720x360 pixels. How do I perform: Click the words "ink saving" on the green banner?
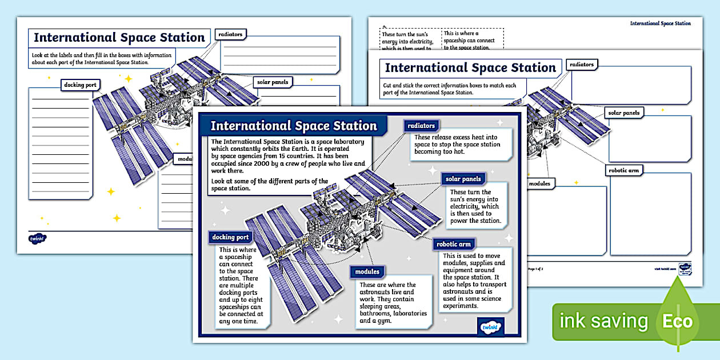click(x=603, y=321)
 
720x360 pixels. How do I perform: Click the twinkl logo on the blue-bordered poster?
click(x=490, y=327)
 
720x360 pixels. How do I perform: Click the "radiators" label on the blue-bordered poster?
click(x=422, y=126)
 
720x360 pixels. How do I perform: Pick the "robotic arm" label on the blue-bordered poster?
click(x=454, y=245)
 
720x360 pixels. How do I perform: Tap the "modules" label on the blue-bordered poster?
click(x=367, y=272)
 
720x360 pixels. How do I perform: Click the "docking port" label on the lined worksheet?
click(x=80, y=85)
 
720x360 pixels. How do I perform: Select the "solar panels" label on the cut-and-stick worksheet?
click(x=623, y=113)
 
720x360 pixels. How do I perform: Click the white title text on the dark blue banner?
click(x=294, y=126)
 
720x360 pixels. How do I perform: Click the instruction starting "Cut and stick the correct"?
click(x=450, y=89)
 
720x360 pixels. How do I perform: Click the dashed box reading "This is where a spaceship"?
click(x=472, y=40)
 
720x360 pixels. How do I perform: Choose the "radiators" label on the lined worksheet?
click(x=230, y=34)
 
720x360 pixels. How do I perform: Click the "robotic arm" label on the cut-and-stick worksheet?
click(x=624, y=170)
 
